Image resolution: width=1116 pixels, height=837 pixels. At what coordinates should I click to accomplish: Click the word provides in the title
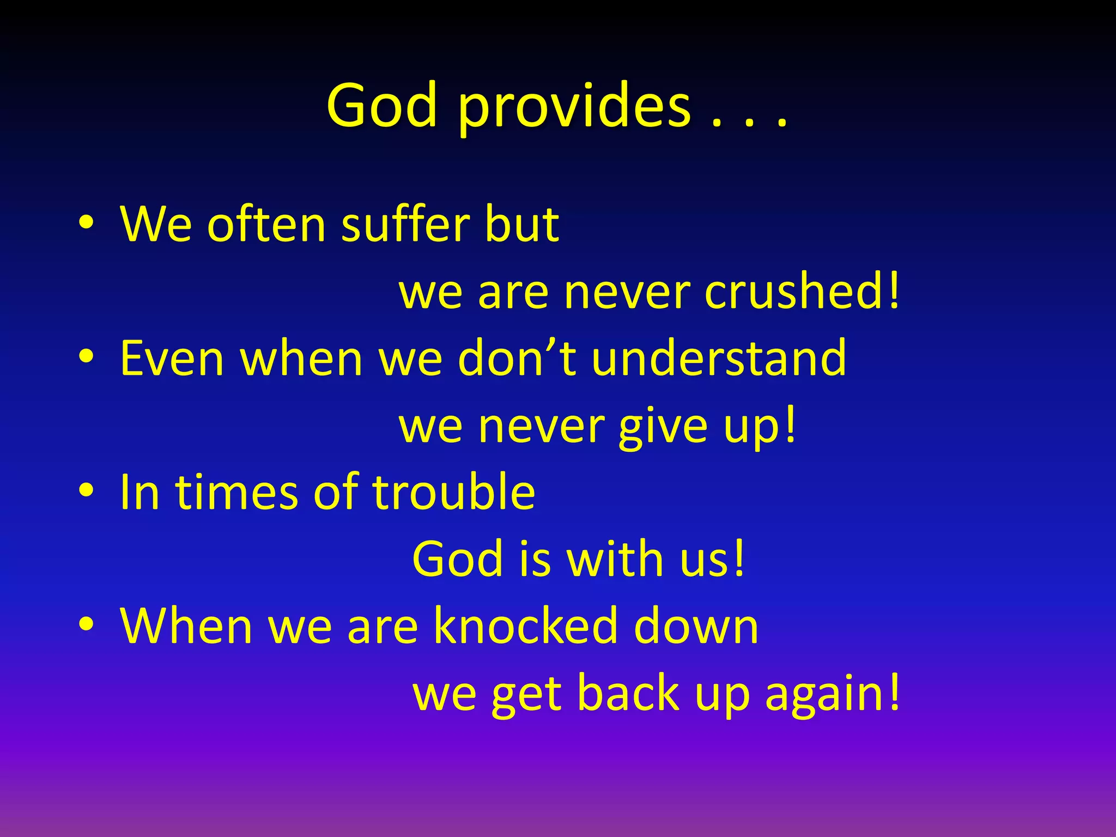point(574,107)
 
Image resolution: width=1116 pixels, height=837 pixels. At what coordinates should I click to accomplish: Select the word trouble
point(453,492)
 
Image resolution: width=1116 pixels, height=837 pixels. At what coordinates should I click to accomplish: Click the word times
point(236,492)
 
